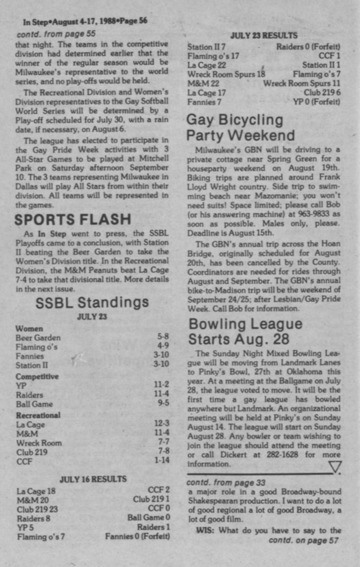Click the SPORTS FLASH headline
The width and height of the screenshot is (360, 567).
73,219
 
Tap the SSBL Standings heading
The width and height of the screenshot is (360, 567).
92,303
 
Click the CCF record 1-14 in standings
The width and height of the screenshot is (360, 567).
162,462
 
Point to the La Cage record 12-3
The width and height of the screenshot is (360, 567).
162,424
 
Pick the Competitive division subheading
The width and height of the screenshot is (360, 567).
37,377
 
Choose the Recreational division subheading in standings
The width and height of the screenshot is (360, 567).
38,415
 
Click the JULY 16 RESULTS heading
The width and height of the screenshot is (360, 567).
93,479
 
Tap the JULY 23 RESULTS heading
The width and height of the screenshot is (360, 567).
264,35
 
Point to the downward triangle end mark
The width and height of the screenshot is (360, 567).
335,467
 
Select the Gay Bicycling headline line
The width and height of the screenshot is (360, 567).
235,120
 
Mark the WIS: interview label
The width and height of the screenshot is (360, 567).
206,530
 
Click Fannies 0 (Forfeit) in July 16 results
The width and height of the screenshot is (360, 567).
137,537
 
